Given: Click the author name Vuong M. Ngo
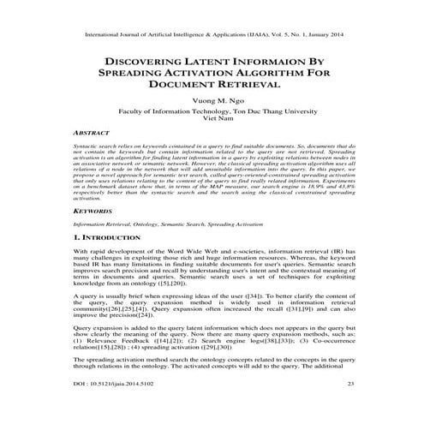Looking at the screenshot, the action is pos(212,102).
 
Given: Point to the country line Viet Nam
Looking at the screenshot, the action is pos(212,121).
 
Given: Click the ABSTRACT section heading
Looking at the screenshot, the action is pos(93,134).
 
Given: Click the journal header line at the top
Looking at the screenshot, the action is pos(212,37).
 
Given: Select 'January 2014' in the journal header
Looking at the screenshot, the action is pos(327,37).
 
